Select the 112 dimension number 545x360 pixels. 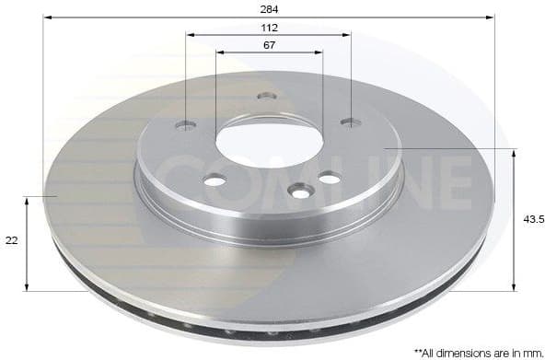tap(269, 27)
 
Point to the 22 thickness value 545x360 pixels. tap(12, 240)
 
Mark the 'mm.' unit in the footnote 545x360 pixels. tap(529, 351)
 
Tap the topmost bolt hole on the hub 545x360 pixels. tap(267, 96)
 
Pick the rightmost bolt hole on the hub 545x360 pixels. tap(349, 122)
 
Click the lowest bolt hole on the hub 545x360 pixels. tap(300, 191)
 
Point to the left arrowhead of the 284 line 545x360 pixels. tap(47, 17)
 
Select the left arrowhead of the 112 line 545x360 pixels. tap(190, 35)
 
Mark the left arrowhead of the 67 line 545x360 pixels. tap(219, 52)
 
